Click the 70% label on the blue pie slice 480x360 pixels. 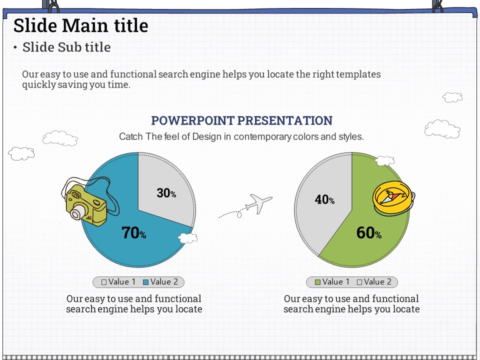(134, 232)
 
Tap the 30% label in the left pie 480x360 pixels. (166, 193)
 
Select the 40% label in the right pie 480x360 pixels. (324, 199)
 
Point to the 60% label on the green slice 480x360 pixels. (369, 232)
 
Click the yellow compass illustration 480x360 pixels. (393, 197)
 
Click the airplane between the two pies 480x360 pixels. (258, 203)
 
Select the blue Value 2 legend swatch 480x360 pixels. (145, 282)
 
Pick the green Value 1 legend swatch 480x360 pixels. (318, 282)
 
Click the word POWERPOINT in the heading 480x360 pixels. (192, 120)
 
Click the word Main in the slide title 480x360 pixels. (81, 25)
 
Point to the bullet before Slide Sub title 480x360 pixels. (15, 47)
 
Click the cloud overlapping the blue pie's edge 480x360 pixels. (187, 238)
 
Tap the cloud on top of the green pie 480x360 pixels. (385, 160)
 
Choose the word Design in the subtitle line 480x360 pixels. (206, 136)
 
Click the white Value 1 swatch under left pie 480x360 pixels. (104, 282)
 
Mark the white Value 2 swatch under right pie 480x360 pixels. (359, 282)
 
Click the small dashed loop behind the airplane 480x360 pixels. (239, 215)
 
